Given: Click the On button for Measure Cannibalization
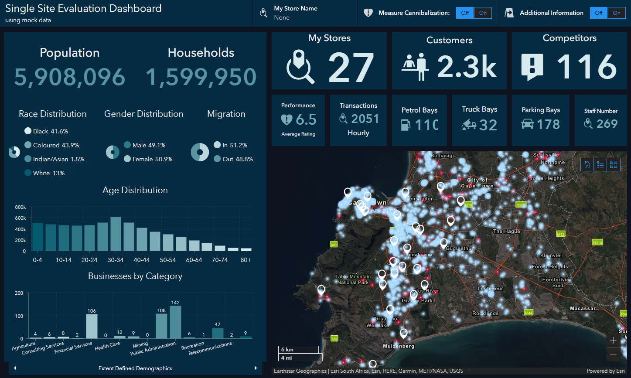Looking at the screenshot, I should [483, 13].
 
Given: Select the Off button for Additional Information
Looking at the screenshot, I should [599, 13].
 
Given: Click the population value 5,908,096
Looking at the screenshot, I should [70, 77].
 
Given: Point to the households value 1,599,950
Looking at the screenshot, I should [201, 77].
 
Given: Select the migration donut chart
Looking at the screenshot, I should [200, 152].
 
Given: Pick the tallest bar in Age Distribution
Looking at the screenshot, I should [116, 234].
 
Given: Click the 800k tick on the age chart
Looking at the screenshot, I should [20, 207].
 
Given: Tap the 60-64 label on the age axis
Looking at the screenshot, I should [194, 260].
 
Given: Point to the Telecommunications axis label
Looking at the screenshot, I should [210, 348].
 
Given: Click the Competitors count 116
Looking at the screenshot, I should [586, 67].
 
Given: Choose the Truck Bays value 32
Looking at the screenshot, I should [488, 126].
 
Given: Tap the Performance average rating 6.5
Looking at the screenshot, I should [306, 119].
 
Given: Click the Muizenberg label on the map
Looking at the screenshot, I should [399, 346].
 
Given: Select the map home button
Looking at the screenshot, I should [587, 164].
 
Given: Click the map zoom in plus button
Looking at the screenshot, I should [613, 341].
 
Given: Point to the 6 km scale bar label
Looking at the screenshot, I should [287, 350].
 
